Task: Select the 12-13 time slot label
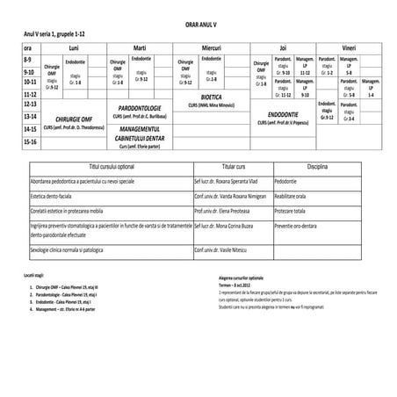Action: tap(29, 104)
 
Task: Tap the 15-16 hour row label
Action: tap(29, 141)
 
